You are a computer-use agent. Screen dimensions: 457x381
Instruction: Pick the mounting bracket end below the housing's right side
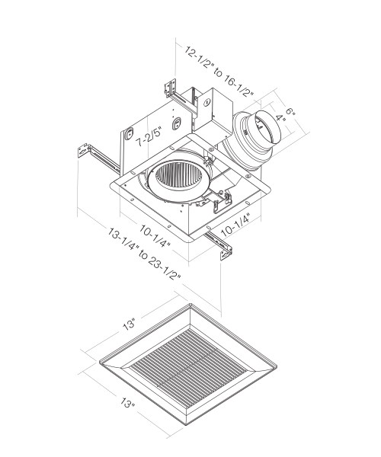(x=223, y=250)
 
